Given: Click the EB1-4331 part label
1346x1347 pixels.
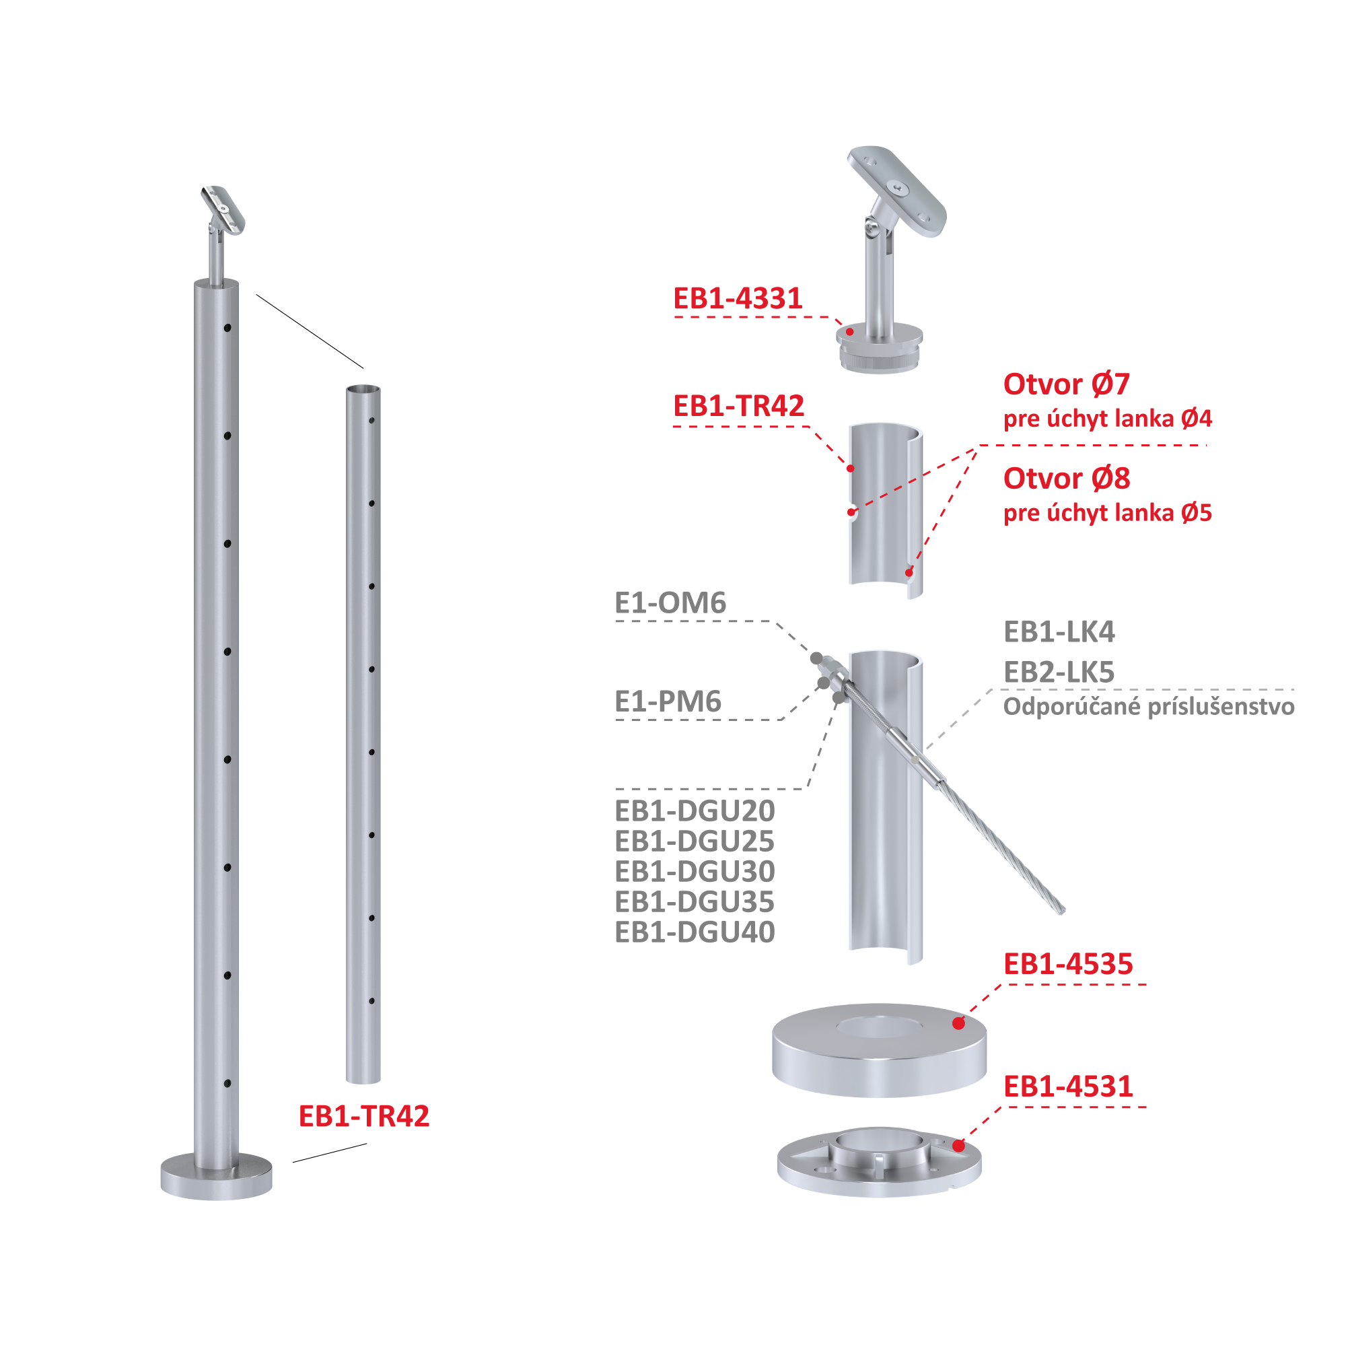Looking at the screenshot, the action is (738, 298).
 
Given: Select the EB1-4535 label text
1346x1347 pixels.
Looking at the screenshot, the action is (1068, 964).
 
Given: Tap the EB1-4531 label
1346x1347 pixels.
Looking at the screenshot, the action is (1068, 1086).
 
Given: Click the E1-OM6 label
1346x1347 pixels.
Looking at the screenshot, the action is (670, 602).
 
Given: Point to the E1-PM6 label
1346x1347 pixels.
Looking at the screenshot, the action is (668, 701).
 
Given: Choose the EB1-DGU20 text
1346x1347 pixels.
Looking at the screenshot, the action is (695, 811).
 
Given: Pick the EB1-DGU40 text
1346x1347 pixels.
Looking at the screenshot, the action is (695, 932).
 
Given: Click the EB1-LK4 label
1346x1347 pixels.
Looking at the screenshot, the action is (1059, 631).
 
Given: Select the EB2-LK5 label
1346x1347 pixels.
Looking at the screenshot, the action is (1059, 672).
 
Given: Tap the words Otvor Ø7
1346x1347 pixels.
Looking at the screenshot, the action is (1067, 384).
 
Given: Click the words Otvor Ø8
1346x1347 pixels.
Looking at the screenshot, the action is (1067, 478).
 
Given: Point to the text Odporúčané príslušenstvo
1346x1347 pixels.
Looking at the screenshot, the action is (1149, 707).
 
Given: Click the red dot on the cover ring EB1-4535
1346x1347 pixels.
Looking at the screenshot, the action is (958, 1023).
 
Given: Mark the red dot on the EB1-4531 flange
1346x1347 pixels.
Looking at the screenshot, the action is (958, 1146).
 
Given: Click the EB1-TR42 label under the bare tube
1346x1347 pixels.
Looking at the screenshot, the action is (364, 1116).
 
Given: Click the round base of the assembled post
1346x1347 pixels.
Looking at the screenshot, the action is (216, 1176).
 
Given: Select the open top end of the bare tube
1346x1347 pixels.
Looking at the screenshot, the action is (363, 390).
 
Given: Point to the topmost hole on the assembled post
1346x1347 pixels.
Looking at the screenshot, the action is (227, 328).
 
